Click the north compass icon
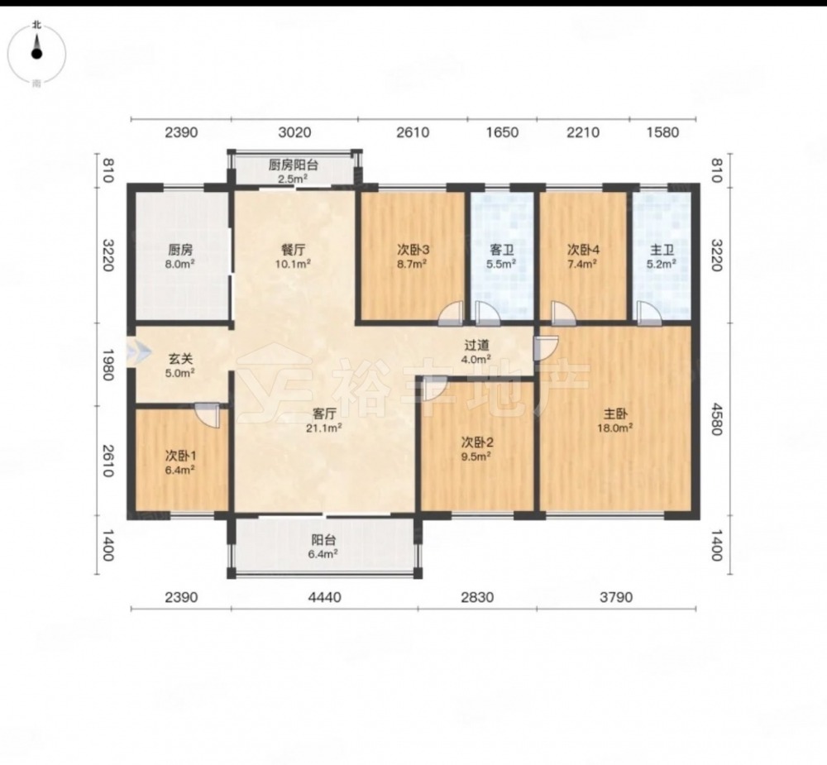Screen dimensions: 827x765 click(37, 53)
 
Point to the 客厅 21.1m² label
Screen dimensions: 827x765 click(324, 420)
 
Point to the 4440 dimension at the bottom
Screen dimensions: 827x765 click(324, 597)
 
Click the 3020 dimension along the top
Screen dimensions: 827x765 click(294, 131)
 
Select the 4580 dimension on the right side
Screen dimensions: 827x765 click(716, 419)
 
